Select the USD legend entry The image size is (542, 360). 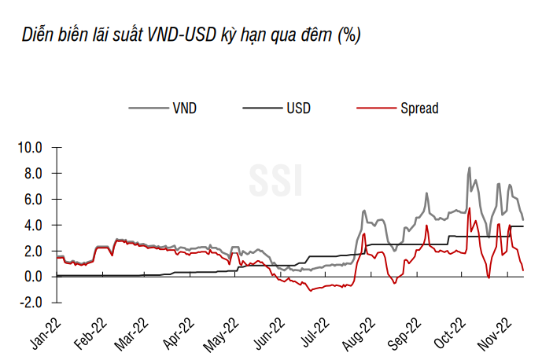pos(297,108)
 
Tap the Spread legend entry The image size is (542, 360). pos(418,108)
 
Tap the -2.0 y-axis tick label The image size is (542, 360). pos(33,303)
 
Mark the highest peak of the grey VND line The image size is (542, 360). pos(470,167)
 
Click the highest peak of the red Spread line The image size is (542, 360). pos(469,208)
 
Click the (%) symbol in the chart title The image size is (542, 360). pos(348,36)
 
